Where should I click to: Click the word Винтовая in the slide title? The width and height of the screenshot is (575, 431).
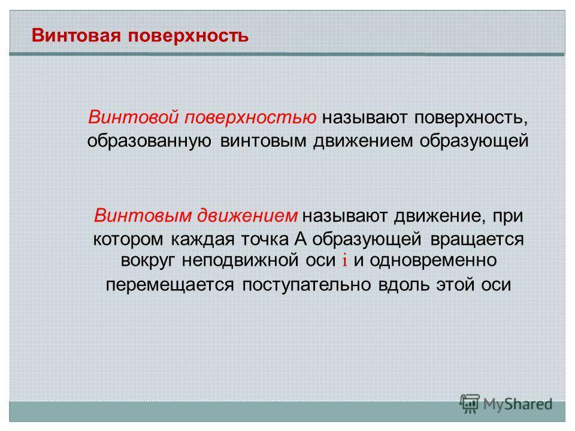click(x=76, y=35)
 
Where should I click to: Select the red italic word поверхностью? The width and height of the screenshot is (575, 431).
click(x=250, y=118)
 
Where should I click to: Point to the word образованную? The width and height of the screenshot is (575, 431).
click(x=149, y=141)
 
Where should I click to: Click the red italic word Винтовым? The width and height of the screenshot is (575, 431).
click(x=143, y=215)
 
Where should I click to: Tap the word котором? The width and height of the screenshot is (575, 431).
click(x=128, y=239)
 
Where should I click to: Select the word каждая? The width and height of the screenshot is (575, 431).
click(x=202, y=240)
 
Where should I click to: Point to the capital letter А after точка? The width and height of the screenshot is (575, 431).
click(x=300, y=239)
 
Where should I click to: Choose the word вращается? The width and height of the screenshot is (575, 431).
click(x=477, y=240)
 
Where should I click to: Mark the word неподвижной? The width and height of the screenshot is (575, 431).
click(x=240, y=260)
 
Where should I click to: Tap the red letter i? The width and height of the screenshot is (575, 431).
click(x=344, y=260)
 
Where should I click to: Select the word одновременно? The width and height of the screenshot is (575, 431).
click(x=433, y=261)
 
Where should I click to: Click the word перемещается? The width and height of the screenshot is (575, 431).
click(x=170, y=285)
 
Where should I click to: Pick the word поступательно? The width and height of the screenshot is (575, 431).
click(x=306, y=285)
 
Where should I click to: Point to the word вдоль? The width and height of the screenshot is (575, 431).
click(x=403, y=284)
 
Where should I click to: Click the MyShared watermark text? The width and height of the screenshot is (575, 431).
click(x=517, y=404)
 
